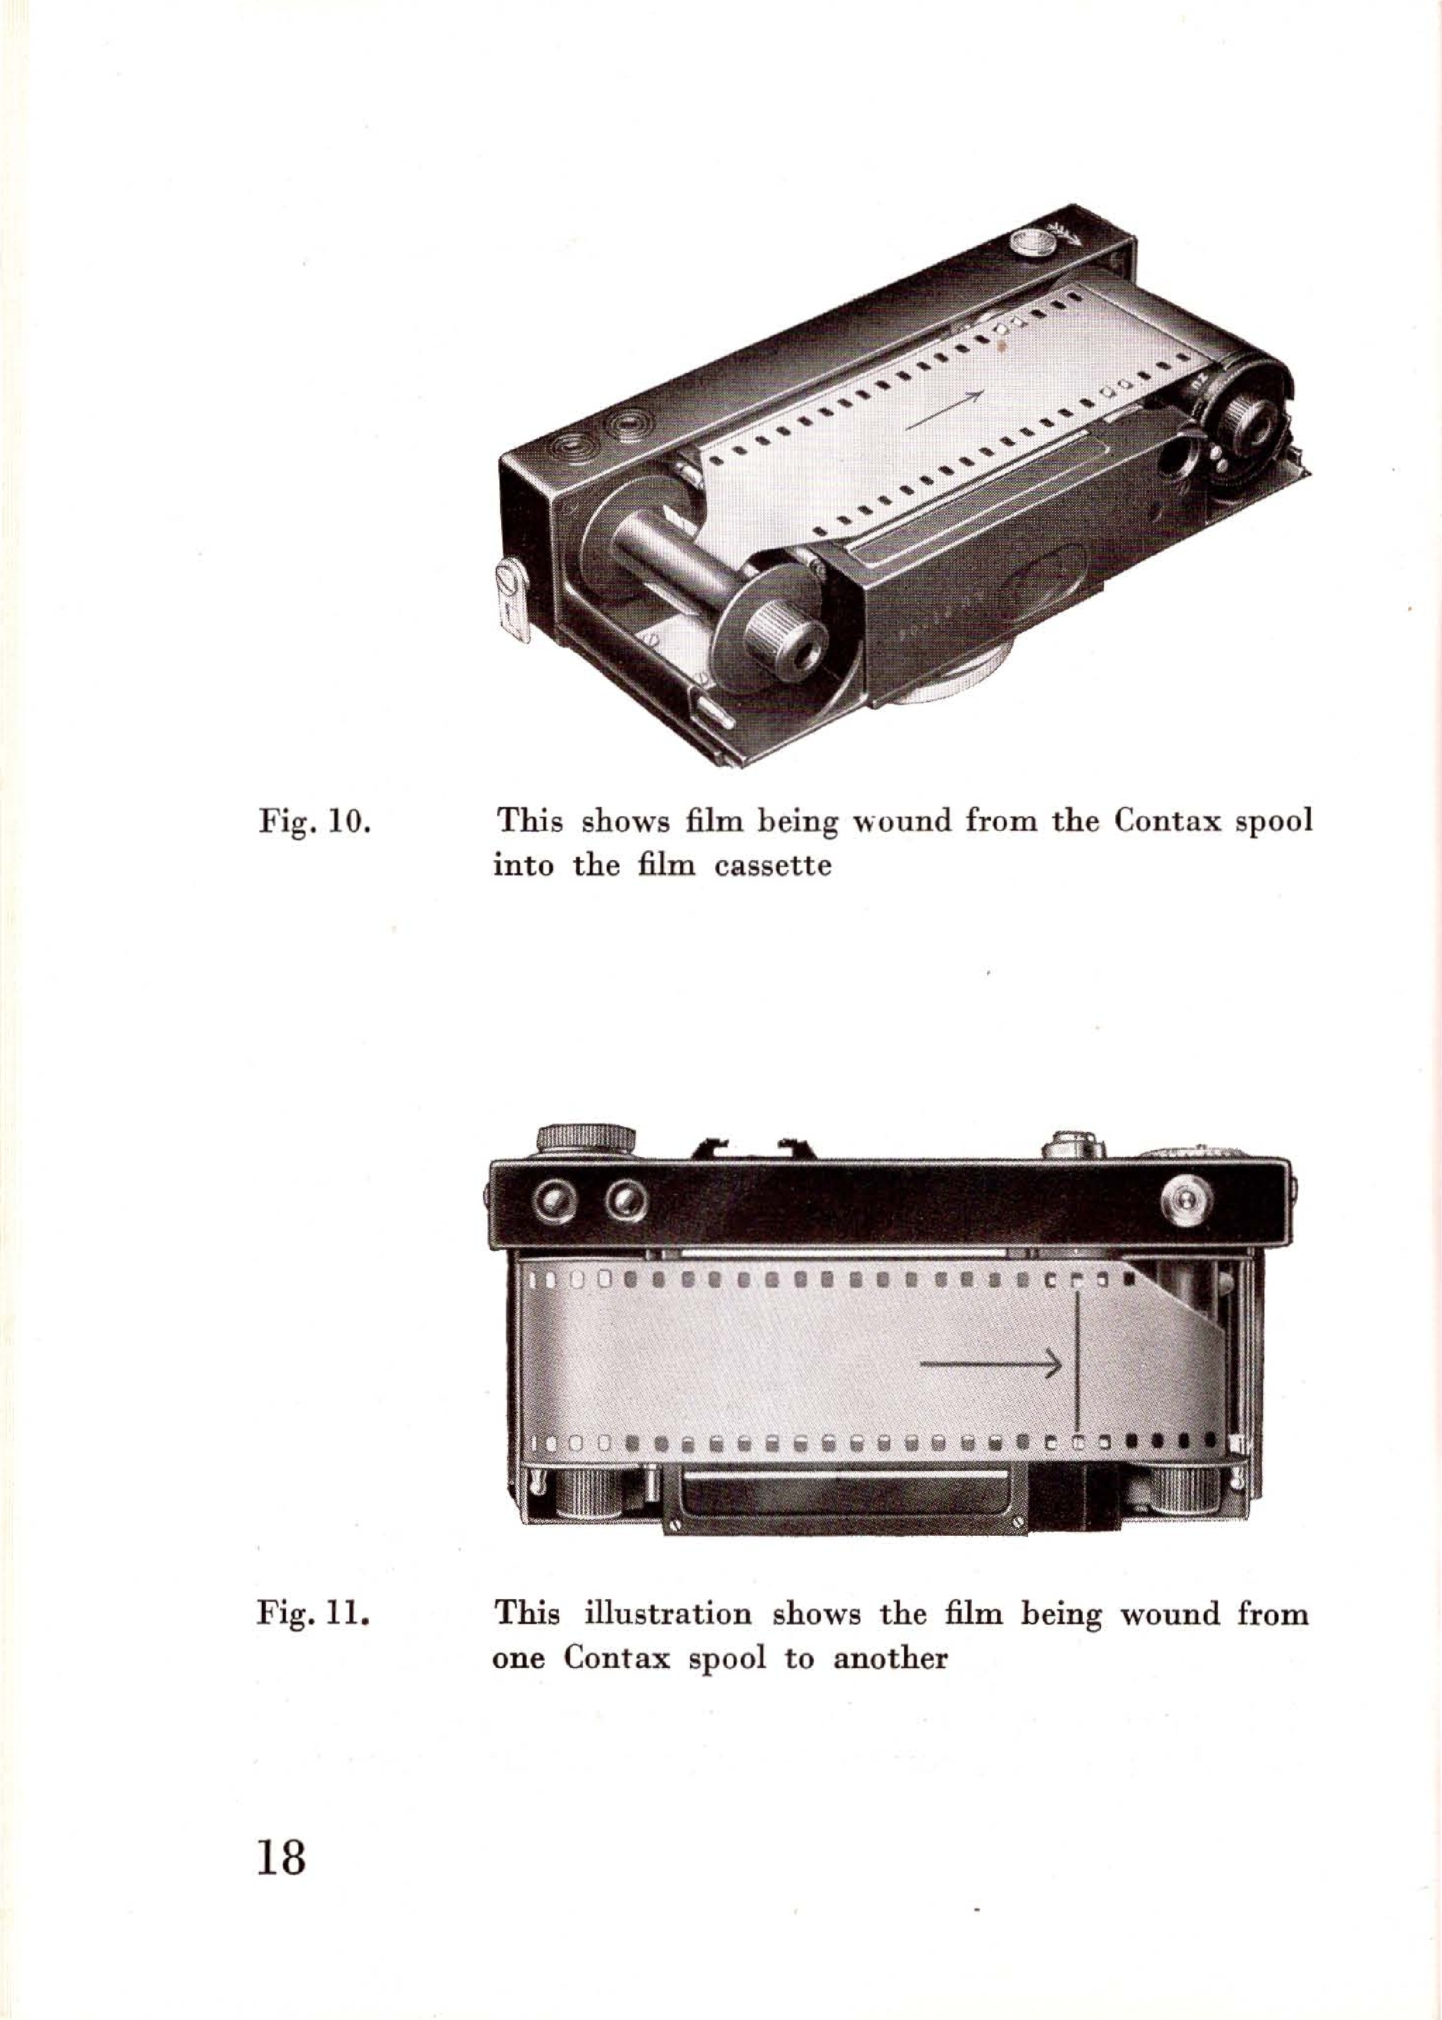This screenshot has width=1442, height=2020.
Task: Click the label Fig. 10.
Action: click(x=313, y=820)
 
